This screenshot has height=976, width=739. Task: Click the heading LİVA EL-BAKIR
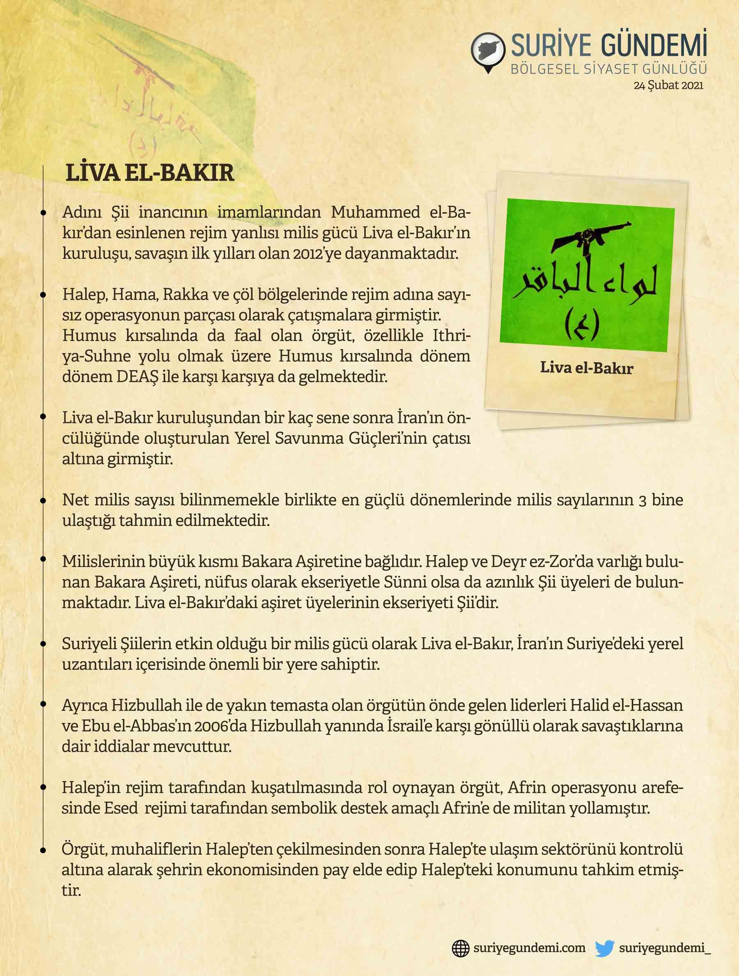(x=149, y=173)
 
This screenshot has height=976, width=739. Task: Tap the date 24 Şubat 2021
(x=668, y=85)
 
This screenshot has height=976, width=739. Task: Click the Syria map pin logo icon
(x=488, y=52)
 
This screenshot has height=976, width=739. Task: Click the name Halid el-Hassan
(x=626, y=705)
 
